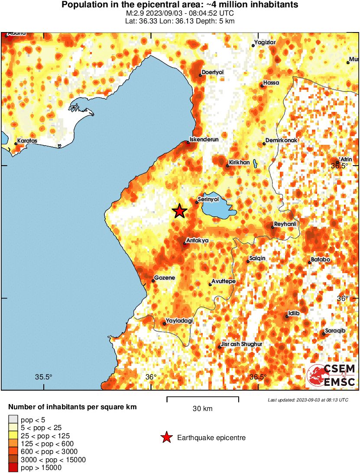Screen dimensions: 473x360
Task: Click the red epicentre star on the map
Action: click(179, 211)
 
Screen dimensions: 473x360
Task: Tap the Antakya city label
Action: click(197, 240)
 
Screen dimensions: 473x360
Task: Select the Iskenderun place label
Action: click(204, 140)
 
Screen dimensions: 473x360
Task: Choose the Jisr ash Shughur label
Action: click(242, 344)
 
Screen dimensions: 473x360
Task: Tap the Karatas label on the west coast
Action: click(27, 141)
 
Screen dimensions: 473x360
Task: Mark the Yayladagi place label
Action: click(179, 321)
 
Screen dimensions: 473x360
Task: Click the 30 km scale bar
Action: click(202, 397)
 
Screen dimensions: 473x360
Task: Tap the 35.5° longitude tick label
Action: click(43, 377)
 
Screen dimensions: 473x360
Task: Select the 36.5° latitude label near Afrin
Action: click(340, 166)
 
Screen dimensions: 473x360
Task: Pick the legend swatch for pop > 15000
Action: click(13, 467)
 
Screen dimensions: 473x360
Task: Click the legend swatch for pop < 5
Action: click(13, 420)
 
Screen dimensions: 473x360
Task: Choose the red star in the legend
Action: click(166, 438)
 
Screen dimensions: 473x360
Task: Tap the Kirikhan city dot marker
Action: click(227, 166)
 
